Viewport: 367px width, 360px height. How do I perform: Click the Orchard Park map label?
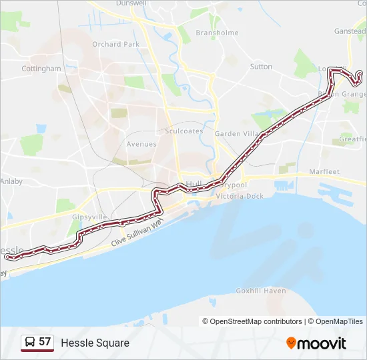pyautogui.click(x=116, y=45)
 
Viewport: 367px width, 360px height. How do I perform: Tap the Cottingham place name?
pyautogui.click(x=41, y=69)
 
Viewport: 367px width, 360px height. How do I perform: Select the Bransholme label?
pyautogui.click(x=218, y=33)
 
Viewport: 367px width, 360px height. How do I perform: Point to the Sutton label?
pyautogui.click(x=261, y=67)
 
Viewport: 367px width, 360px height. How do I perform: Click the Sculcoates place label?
pyautogui.click(x=184, y=131)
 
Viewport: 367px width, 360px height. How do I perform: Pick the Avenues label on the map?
pyautogui.click(x=141, y=144)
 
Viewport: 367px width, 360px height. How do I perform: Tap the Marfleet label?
pyautogui.click(x=325, y=172)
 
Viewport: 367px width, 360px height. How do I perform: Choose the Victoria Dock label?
pyautogui.click(x=240, y=196)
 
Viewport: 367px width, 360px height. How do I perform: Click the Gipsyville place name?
pyautogui.click(x=89, y=217)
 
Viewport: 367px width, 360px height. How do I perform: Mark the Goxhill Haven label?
pyautogui.click(x=261, y=291)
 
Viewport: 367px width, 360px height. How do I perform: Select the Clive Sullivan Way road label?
pyautogui.click(x=137, y=235)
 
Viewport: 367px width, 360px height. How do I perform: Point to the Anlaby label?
pyautogui.click(x=11, y=181)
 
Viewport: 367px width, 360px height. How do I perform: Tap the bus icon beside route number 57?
pyautogui.click(x=30, y=343)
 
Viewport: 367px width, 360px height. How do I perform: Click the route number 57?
pyautogui.click(x=45, y=342)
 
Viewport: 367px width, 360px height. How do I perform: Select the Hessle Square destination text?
pyautogui.click(x=95, y=343)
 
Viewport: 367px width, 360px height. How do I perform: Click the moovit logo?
pyautogui.click(x=316, y=343)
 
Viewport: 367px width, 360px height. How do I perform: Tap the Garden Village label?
pyautogui.click(x=236, y=134)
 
